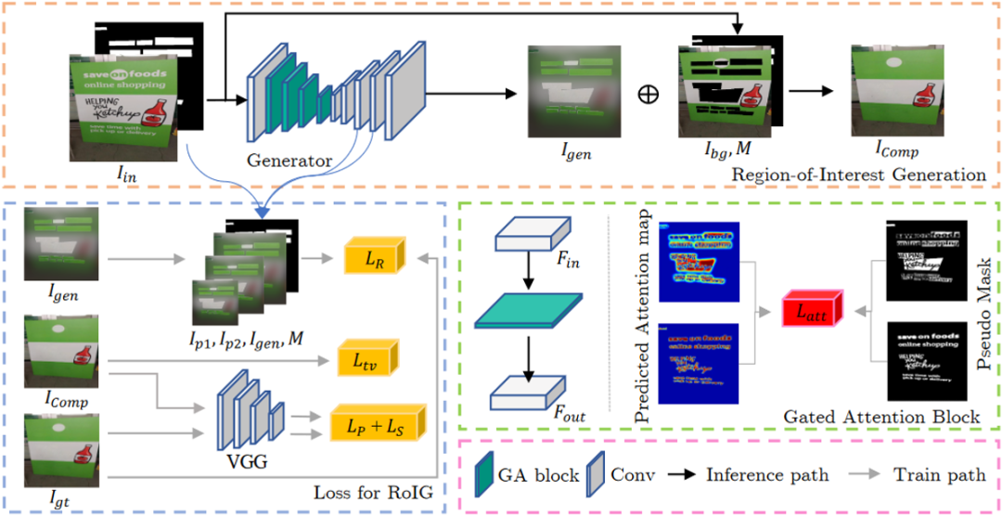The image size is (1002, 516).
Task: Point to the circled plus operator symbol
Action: [x=649, y=96]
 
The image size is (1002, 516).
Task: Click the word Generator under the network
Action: [x=289, y=161]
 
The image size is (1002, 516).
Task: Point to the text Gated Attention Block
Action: [x=881, y=418]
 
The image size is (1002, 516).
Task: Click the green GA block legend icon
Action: [x=485, y=475]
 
